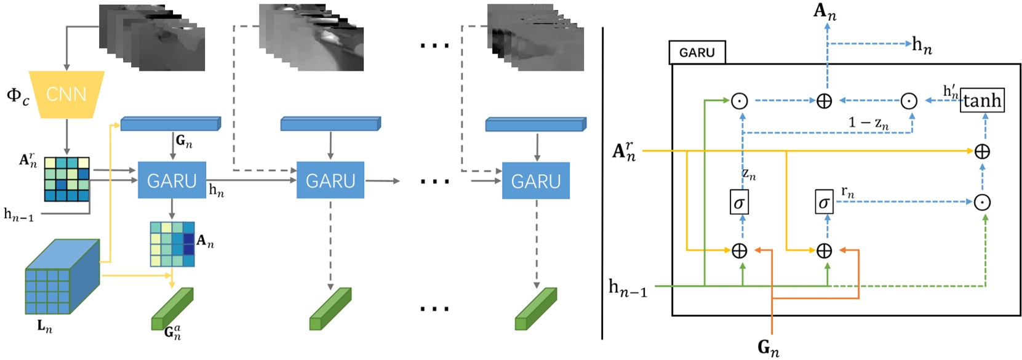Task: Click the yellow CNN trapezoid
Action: tap(67, 94)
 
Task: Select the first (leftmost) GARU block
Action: tap(172, 180)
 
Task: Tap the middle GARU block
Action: tap(330, 180)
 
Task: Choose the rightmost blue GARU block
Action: tap(536, 180)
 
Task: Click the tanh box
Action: tap(982, 100)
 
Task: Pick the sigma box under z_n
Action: tap(739, 202)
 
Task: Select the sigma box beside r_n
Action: tap(824, 202)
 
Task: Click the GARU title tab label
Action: tap(697, 53)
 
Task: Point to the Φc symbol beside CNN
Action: tap(17, 96)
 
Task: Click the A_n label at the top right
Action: tap(824, 12)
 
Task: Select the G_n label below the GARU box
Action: tap(768, 348)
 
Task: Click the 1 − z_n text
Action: tap(868, 122)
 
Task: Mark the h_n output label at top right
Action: tap(922, 45)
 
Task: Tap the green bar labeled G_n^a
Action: tap(172, 310)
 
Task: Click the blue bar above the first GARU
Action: tap(170, 124)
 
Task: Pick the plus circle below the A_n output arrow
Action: tap(824, 101)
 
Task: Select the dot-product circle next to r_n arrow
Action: tap(982, 202)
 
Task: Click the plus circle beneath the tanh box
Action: tap(982, 151)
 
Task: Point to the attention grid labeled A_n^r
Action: tap(67, 179)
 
